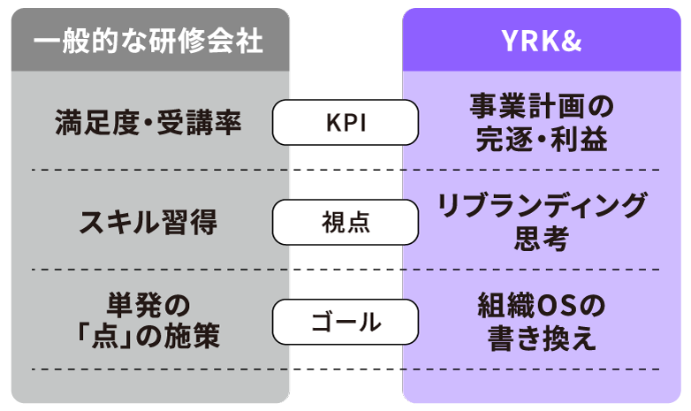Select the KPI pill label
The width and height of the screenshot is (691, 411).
pyautogui.click(x=345, y=123)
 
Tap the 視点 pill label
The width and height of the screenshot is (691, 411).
pyautogui.click(x=345, y=223)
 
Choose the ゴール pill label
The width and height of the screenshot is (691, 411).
pyautogui.click(x=345, y=322)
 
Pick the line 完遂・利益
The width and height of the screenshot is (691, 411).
pyautogui.click(x=541, y=140)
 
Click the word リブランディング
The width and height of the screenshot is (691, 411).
pyautogui.click(x=541, y=207)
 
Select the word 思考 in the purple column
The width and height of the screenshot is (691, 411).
pyautogui.click(x=541, y=239)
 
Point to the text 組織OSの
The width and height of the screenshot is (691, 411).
pyautogui.click(x=541, y=306)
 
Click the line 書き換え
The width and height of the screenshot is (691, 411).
pyautogui.click(x=541, y=339)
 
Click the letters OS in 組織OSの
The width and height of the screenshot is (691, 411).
pyautogui.click(x=554, y=306)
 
